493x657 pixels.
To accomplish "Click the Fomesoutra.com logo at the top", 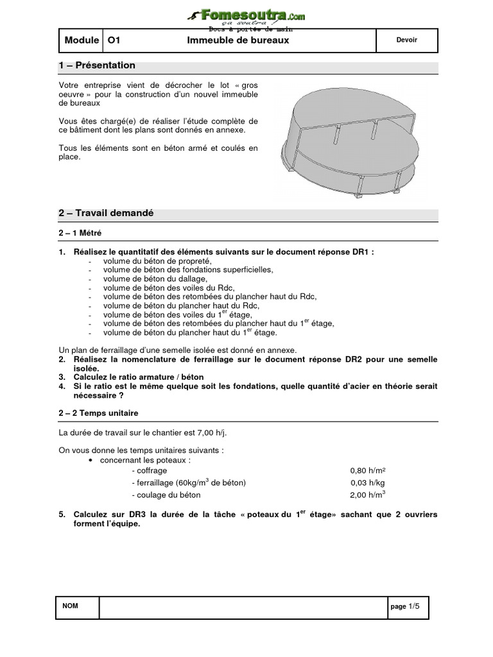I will tap(246, 15).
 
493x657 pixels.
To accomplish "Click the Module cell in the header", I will tap(82, 40).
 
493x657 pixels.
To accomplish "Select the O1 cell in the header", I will tap(114, 40).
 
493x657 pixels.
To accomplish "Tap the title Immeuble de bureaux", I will tap(238, 40).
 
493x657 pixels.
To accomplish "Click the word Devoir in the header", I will tap(406, 40).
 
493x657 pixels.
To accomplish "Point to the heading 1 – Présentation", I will tap(97, 65).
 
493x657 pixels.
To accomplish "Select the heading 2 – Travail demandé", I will tap(106, 214).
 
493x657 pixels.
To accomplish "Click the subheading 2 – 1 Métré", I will tap(80, 234).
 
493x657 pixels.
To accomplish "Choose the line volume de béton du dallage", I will tap(155, 279).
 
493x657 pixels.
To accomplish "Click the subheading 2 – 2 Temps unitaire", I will tap(98, 413).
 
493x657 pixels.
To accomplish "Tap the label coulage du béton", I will tap(166, 495).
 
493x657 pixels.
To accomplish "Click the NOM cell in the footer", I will tap(70, 606).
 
